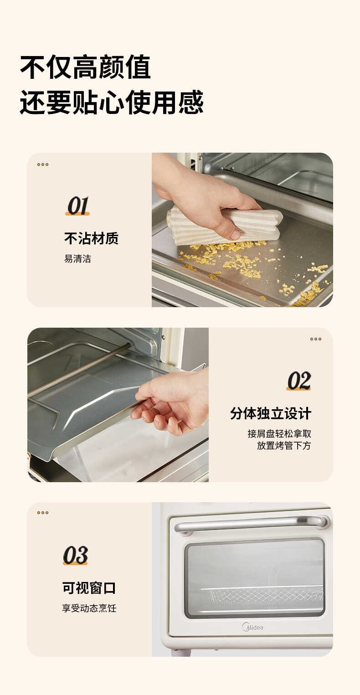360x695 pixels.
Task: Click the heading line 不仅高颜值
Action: click(x=85, y=67)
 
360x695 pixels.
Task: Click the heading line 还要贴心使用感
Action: click(x=112, y=102)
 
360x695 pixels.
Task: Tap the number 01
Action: click(x=77, y=206)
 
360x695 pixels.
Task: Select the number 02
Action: click(x=299, y=381)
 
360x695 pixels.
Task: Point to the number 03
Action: click(x=75, y=556)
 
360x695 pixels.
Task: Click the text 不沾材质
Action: click(x=91, y=238)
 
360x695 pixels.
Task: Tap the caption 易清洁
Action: click(x=77, y=259)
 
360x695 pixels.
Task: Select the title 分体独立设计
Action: click(x=271, y=414)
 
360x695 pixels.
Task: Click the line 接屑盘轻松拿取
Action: click(x=279, y=433)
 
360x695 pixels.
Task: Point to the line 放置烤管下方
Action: click(x=283, y=446)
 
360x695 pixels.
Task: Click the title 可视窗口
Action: click(x=89, y=588)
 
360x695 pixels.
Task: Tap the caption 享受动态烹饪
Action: click(x=89, y=608)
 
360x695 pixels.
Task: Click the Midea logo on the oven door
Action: click(x=252, y=627)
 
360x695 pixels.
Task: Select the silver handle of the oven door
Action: click(x=251, y=524)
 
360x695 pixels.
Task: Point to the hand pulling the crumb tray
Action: click(x=173, y=401)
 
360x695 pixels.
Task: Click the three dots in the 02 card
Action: click(x=316, y=339)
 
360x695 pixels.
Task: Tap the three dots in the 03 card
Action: click(x=43, y=513)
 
